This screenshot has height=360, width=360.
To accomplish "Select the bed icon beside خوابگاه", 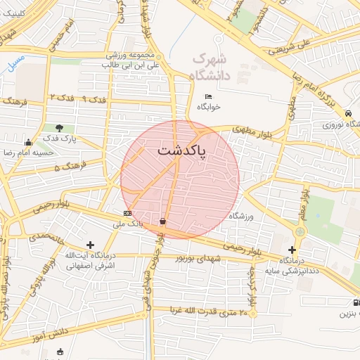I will tap(207, 96).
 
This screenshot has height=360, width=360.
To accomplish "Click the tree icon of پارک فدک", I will tap(59, 128).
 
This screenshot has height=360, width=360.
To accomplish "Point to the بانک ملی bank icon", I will tap(127, 213).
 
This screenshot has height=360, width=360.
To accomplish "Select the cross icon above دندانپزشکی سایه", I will tap(292, 250).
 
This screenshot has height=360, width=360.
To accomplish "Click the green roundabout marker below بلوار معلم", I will tap(300, 231).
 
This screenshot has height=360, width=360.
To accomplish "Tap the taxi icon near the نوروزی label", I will tap(349, 113).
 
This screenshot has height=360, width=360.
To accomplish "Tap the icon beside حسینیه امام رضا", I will tap(27, 142).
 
